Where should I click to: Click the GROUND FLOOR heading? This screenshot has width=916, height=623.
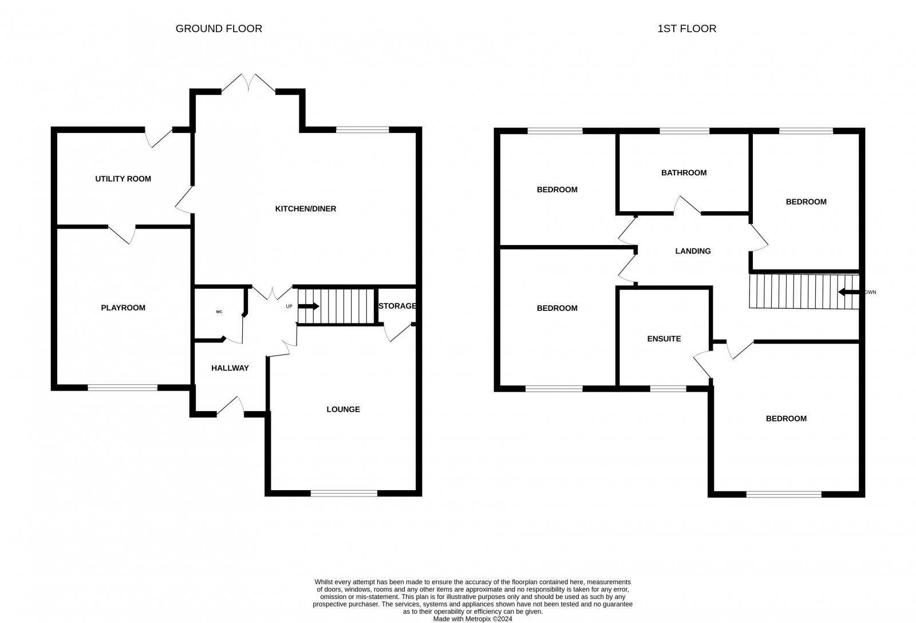coord(219,29)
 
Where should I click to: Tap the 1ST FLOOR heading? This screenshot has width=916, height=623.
coord(686,29)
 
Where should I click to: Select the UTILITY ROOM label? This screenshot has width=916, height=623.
coord(123,179)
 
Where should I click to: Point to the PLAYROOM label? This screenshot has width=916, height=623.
coord(123,307)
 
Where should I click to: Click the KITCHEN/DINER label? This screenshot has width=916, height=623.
coord(306,208)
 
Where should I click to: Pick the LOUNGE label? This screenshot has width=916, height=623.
coord(343,409)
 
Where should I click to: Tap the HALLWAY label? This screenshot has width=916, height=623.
coord(230,368)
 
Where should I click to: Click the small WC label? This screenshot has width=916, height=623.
coord(219,311)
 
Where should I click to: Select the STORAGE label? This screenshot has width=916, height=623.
coord(397,306)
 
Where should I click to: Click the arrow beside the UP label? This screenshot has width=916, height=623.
coord(309,306)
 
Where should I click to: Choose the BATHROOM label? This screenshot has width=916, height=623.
coord(684,172)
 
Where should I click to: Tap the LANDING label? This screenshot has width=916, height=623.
coord(693,251)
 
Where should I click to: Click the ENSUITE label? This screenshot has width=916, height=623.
coord(664,339)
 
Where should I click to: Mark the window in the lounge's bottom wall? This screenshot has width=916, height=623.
coord(344,494)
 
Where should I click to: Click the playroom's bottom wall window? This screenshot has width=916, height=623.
coord(123,388)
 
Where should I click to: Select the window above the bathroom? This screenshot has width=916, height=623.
coord(685,131)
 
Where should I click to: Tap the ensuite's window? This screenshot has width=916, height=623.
coord(668,389)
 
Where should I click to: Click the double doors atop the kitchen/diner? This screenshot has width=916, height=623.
coord(248,84)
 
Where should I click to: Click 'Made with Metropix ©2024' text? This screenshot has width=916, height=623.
coord(472,619)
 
